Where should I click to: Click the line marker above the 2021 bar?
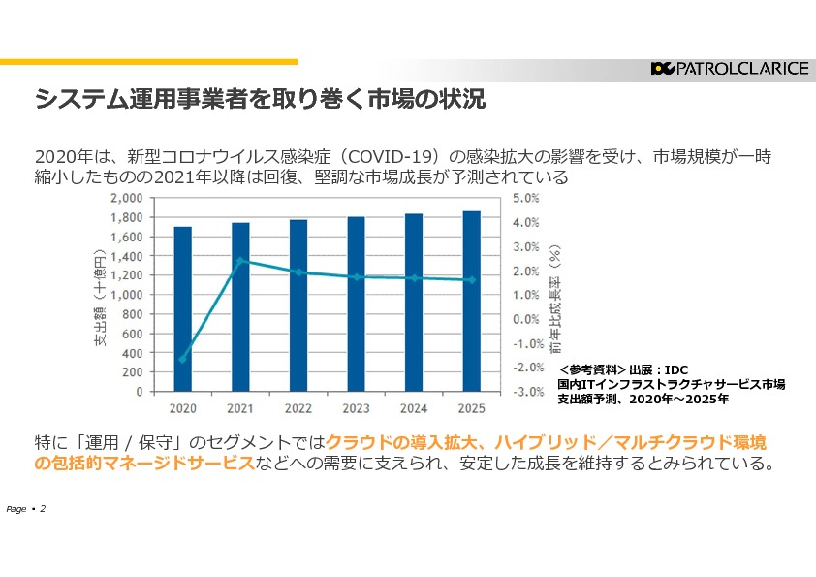coord(239,261)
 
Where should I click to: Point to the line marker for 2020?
coord(182,359)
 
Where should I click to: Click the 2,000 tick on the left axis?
coord(127,198)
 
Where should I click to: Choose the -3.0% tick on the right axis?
coord(526,392)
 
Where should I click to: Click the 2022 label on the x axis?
coord(298,408)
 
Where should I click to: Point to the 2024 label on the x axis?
coord(413,408)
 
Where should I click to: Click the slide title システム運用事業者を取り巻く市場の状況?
coord(260,99)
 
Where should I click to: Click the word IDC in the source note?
coord(675,369)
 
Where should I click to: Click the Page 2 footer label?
coord(26,509)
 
